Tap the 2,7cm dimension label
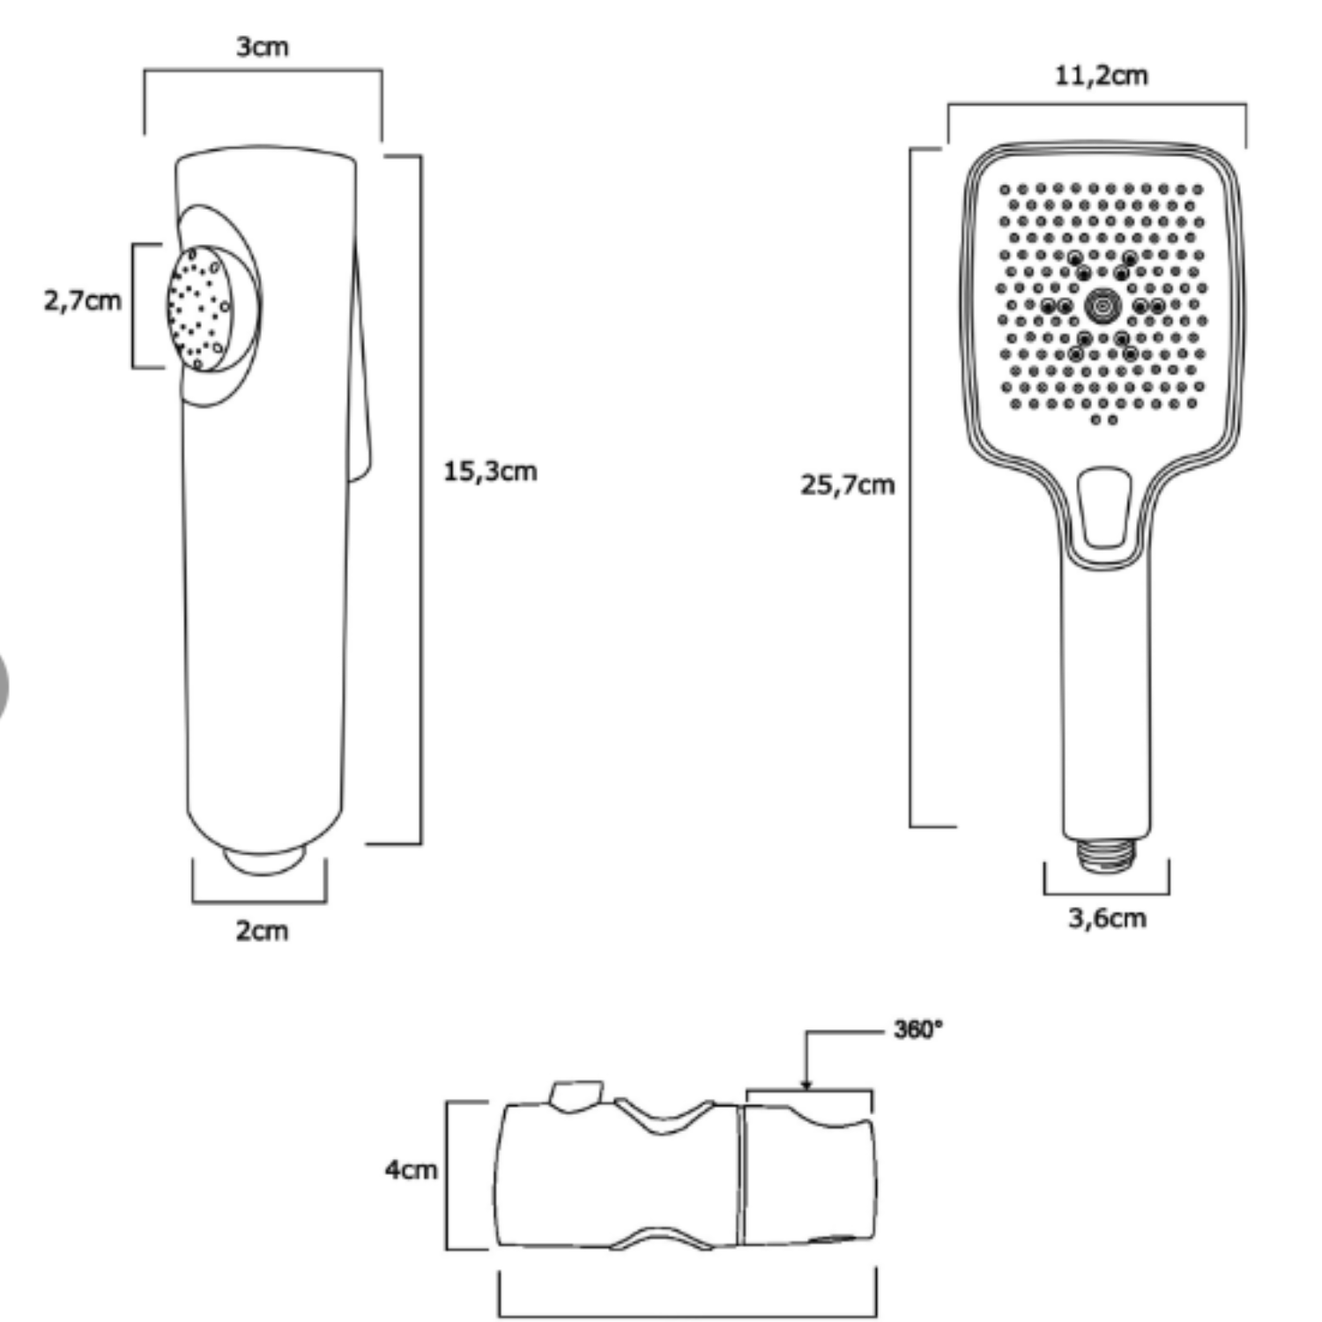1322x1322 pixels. (x=83, y=301)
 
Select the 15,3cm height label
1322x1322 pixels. (x=490, y=472)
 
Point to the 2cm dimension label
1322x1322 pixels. (x=262, y=931)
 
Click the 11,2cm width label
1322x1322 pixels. (x=1102, y=76)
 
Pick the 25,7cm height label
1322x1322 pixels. (x=847, y=485)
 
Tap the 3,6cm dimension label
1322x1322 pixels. (x=1108, y=918)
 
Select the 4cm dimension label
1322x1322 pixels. (x=411, y=1170)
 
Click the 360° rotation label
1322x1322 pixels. (x=917, y=1029)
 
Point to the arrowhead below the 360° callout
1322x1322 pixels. (x=806, y=1085)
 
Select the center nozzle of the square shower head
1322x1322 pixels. (x=1102, y=305)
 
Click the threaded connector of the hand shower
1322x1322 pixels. (x=1106, y=855)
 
